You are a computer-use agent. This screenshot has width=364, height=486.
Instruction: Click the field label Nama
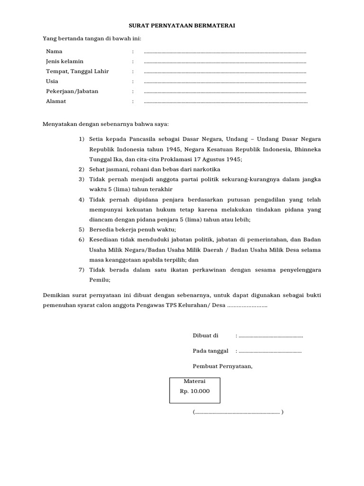click(x=54, y=51)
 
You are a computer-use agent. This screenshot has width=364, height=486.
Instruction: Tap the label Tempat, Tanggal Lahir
click(x=77, y=71)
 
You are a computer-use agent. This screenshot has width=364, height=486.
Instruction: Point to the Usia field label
click(x=52, y=81)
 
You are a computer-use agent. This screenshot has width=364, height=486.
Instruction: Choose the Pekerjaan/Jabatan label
click(x=72, y=91)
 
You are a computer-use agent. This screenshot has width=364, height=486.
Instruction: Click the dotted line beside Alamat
click(x=225, y=102)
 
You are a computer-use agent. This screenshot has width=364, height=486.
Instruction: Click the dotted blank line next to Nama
click(x=225, y=52)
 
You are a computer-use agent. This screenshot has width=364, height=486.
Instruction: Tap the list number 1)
click(x=81, y=139)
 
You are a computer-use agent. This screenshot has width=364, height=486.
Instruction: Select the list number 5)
click(x=81, y=229)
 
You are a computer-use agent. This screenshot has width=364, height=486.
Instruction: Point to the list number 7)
click(x=81, y=270)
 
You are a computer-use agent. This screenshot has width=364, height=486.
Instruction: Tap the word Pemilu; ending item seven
click(x=100, y=280)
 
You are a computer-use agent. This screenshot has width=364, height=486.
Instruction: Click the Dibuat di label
click(x=205, y=336)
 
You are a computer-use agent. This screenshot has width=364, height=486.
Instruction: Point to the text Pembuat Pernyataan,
click(x=223, y=366)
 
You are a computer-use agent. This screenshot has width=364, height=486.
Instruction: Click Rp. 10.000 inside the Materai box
click(x=194, y=392)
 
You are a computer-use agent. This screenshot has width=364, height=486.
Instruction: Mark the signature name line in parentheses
click(x=238, y=412)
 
